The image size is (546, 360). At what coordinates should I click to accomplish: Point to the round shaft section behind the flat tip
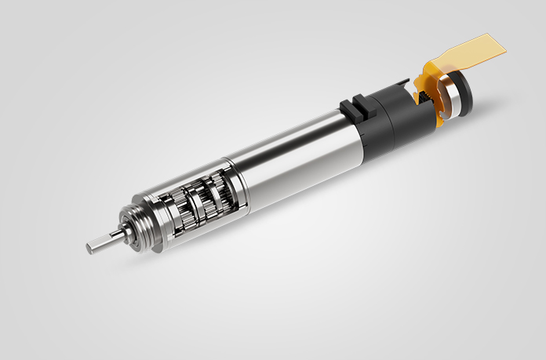[107, 239]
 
